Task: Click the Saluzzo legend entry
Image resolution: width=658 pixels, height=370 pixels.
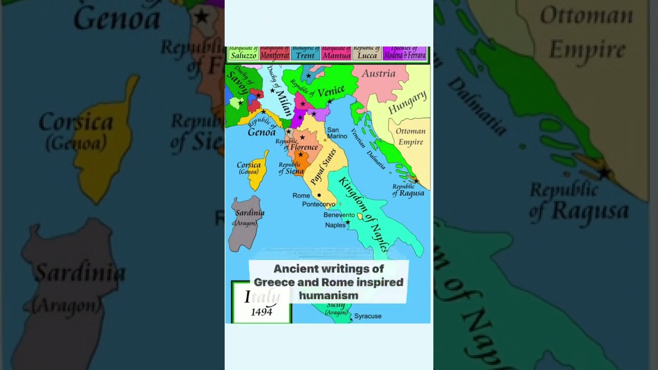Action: (243, 53)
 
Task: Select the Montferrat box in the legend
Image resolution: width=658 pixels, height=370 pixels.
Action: (275, 53)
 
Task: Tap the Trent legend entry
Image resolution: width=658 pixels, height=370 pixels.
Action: (305, 53)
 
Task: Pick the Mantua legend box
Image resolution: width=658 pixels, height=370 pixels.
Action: (336, 53)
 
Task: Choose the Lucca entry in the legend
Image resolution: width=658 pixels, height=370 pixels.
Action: (367, 53)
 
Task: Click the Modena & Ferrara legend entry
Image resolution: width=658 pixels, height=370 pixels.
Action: (405, 53)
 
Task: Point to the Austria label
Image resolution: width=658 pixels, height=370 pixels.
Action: (378, 73)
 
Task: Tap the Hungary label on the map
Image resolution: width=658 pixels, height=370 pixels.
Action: (407, 102)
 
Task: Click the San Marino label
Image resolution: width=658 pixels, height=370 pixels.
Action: (337, 133)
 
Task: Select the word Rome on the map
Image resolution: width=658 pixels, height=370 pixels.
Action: (301, 196)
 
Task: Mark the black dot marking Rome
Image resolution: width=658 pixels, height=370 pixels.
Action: (319, 195)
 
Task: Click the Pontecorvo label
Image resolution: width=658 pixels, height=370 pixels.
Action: (319, 205)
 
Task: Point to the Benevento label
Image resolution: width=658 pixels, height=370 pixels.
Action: (339, 215)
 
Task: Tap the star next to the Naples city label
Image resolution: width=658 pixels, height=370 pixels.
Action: (348, 223)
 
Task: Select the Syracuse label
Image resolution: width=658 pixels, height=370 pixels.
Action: (368, 316)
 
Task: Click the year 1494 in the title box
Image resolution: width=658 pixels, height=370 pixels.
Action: (262, 312)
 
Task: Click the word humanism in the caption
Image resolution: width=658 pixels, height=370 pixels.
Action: (328, 295)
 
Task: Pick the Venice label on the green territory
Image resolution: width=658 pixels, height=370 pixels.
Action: (331, 92)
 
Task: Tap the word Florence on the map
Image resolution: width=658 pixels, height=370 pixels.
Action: (304, 147)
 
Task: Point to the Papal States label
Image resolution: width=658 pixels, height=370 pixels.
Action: (324, 166)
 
